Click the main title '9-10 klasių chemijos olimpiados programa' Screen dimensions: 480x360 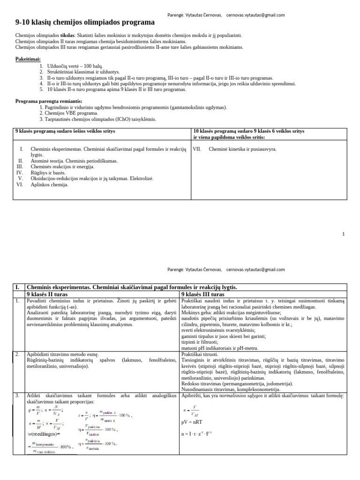[x=85, y=22]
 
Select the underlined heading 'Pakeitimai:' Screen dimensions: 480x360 [x=28, y=59]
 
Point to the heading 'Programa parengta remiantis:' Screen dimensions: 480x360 [x=49, y=101]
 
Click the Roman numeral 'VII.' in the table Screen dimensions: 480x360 [x=197, y=149]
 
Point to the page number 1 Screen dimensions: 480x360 [x=343, y=233]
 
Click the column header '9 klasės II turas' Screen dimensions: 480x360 [x=47, y=294]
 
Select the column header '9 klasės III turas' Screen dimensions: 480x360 [x=202, y=294]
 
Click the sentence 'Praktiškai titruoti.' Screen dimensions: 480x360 [x=200, y=354]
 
